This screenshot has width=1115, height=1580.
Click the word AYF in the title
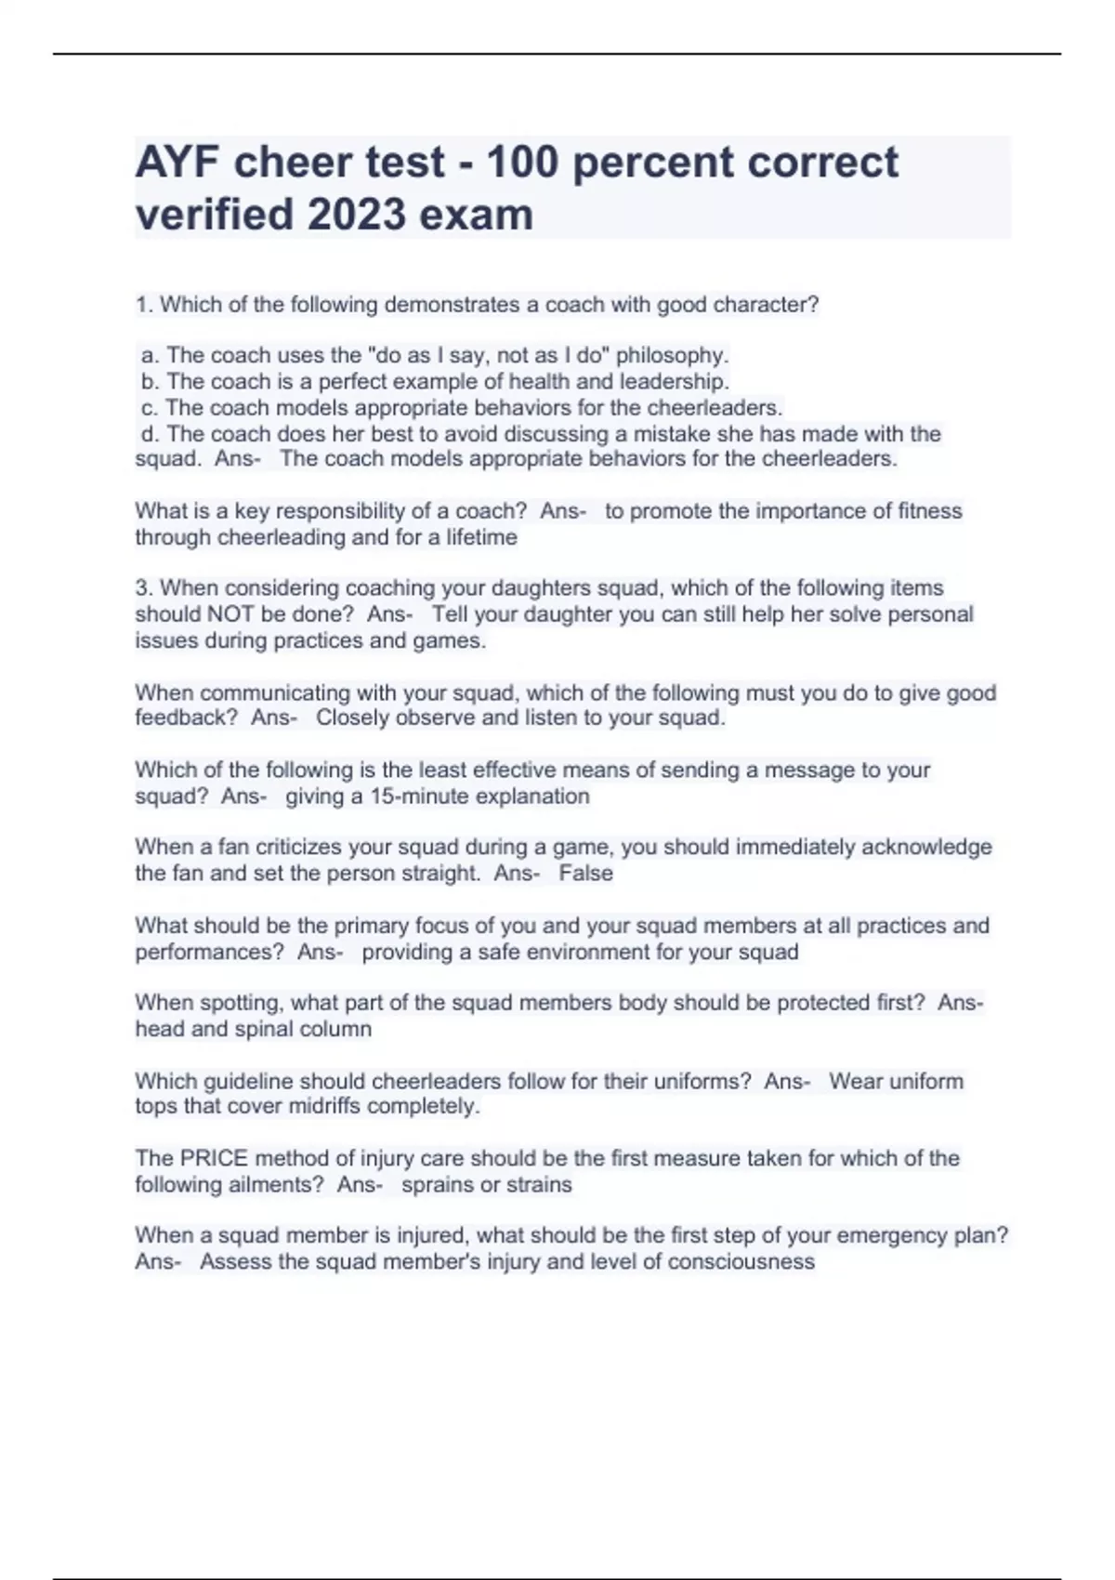[176, 163]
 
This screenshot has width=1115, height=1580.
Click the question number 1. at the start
[145, 305]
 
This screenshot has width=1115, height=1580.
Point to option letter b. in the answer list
[151, 382]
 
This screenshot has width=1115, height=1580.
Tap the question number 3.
[144, 588]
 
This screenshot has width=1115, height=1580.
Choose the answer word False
[585, 874]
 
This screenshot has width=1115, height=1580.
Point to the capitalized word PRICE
[214, 1158]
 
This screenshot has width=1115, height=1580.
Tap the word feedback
[180, 718]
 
